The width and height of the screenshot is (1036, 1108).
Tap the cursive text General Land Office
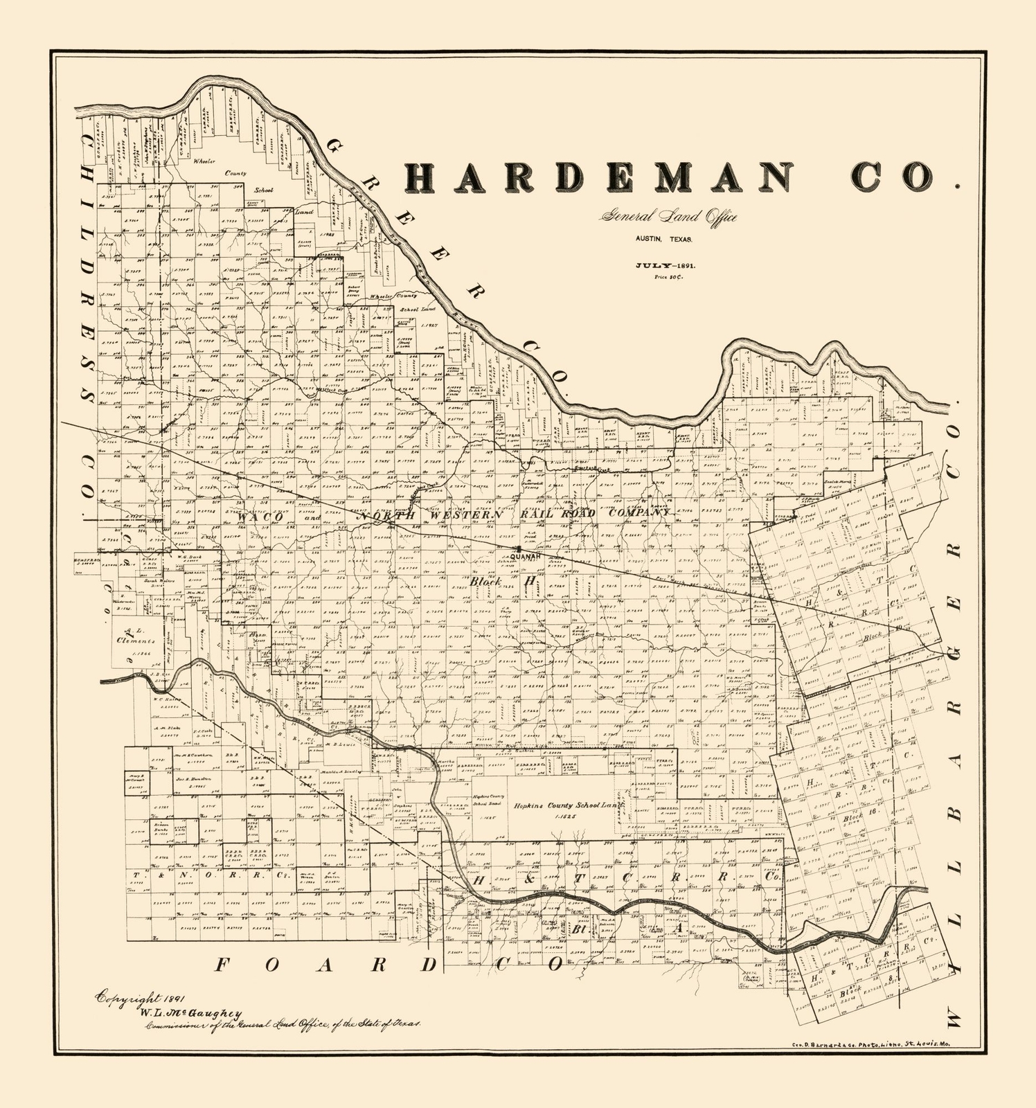[x=668, y=217]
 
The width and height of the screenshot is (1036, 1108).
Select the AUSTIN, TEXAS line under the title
[x=664, y=240]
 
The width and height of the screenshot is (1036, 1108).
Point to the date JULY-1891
[x=666, y=265]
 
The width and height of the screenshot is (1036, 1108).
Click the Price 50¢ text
[x=666, y=277]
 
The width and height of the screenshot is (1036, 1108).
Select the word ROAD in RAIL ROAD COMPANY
[x=578, y=513]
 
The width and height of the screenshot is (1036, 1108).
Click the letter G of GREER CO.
[x=337, y=149]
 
